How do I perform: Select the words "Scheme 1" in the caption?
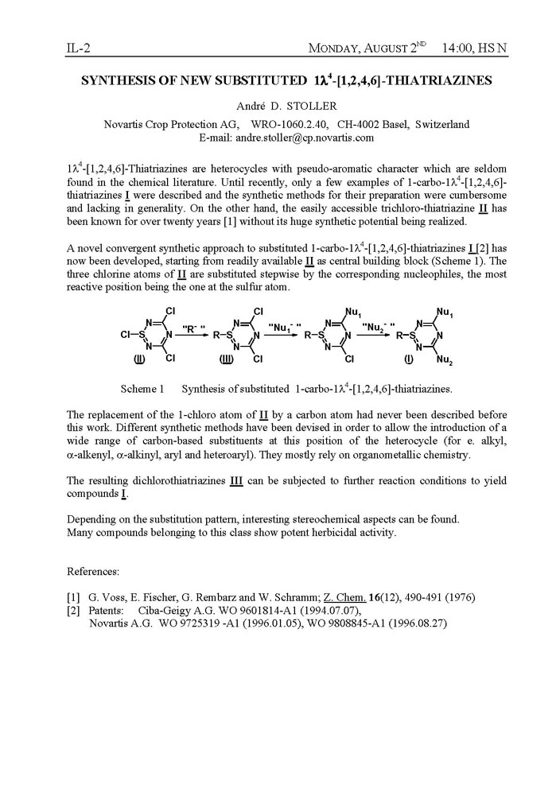(x=142, y=389)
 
